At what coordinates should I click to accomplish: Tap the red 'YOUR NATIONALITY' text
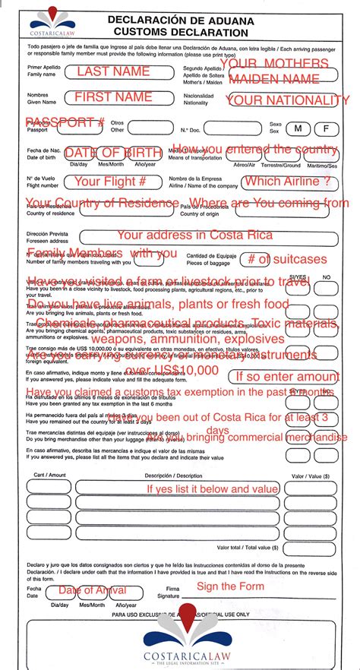click(289, 100)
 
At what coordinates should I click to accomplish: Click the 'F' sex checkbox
click(327, 128)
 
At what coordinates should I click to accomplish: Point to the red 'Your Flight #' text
click(109, 182)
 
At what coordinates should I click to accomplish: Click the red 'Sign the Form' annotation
click(230, 586)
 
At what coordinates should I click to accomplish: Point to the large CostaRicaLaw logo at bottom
click(186, 642)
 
